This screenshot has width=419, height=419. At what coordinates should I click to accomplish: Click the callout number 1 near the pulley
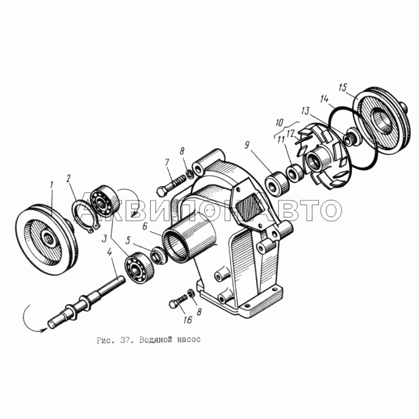coord(51,185)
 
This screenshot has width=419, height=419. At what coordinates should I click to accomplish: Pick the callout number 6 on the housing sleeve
coord(145,226)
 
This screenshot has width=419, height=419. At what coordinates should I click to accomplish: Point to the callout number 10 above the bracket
coord(279,123)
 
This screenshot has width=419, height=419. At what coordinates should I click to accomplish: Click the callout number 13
coord(305,111)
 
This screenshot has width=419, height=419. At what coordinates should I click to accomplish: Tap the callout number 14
coord(324,99)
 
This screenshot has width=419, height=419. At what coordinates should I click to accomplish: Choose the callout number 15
coord(343,87)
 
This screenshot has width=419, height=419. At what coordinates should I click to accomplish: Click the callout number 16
coord(188,319)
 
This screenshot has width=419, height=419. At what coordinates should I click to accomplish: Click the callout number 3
coord(104,238)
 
